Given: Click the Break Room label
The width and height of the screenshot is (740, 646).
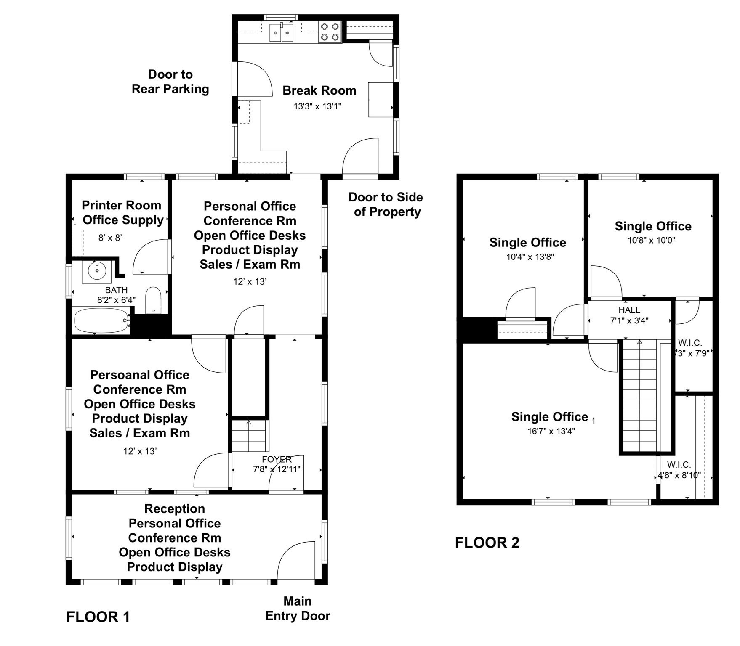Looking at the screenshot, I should (x=319, y=90).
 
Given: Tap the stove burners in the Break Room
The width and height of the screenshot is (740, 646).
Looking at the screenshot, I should (x=330, y=32).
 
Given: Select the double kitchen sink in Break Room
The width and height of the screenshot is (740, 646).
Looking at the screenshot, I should (x=281, y=33).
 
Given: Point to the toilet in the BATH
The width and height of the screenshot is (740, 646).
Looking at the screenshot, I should (x=153, y=299).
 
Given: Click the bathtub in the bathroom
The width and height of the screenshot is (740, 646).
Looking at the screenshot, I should (x=101, y=320).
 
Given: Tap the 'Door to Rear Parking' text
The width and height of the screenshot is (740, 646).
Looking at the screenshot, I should (x=170, y=82).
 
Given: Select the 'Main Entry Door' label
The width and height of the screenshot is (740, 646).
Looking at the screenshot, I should (x=298, y=608).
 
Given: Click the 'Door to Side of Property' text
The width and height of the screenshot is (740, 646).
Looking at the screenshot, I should (x=386, y=204).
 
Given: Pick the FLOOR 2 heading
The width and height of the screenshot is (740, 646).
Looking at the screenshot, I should (x=487, y=543).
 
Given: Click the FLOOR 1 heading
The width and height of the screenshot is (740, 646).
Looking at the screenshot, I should (x=98, y=617).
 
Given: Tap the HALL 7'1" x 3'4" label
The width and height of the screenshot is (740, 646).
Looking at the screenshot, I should (x=629, y=315).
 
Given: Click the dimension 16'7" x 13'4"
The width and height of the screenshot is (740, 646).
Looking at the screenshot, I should (x=551, y=431).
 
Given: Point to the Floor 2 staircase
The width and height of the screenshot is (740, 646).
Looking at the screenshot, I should (x=639, y=395).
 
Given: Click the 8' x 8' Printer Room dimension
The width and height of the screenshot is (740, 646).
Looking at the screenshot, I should (x=110, y=238).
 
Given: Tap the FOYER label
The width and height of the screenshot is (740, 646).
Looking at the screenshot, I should (x=277, y=459).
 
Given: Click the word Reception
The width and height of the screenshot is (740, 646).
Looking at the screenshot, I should (x=174, y=508).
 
